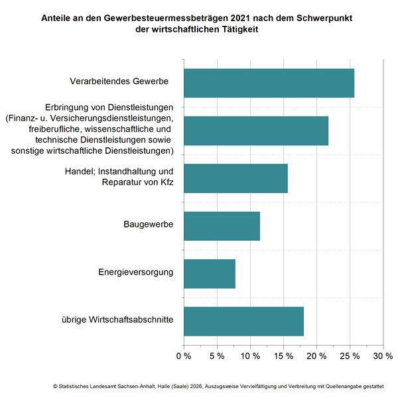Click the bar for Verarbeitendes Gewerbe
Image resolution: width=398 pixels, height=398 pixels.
click(x=269, y=83)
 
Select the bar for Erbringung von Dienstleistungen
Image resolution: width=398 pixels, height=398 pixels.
click(x=255, y=131)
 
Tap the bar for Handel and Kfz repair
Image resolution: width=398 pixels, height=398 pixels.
click(x=235, y=178)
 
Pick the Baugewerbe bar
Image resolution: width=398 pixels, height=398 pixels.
click(x=222, y=226)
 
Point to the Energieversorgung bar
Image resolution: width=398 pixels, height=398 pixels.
click(x=209, y=273)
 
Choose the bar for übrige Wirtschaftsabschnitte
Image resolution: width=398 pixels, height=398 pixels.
click(x=243, y=321)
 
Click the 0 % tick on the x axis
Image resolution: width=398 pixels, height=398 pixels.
click(x=183, y=356)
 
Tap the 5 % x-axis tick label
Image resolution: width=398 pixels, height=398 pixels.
click(x=216, y=356)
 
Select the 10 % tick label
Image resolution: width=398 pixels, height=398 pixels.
click(x=250, y=356)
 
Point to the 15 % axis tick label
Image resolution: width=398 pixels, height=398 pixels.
click(x=283, y=356)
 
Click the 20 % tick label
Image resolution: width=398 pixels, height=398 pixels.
click(x=316, y=356)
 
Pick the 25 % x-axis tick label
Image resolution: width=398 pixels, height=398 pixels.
click(x=350, y=356)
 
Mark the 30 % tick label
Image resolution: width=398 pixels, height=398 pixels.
click(x=383, y=356)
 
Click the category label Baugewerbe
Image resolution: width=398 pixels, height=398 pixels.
click(x=149, y=225)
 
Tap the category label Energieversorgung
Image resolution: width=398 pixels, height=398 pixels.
click(x=136, y=272)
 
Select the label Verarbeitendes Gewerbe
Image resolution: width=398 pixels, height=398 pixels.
click(x=119, y=82)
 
